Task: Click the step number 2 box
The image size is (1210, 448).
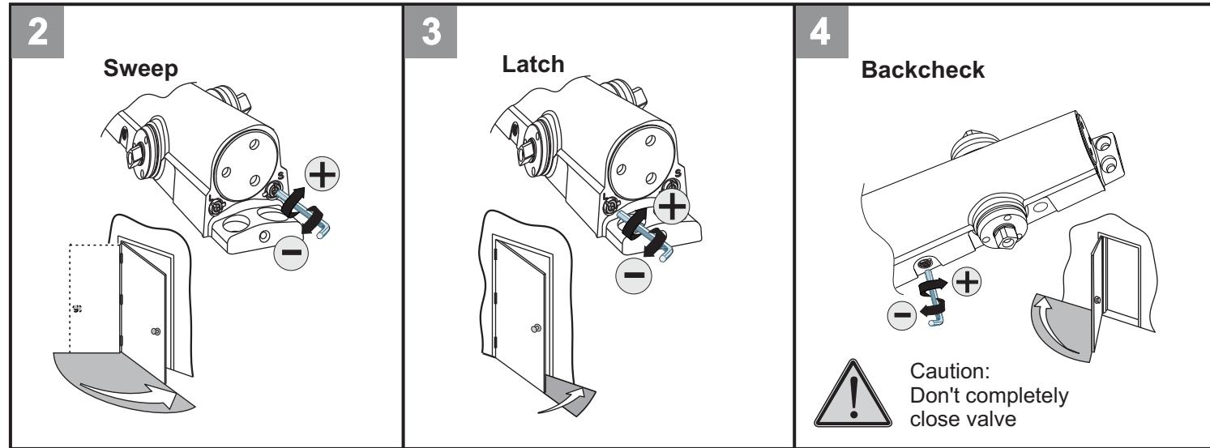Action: click(x=37, y=32)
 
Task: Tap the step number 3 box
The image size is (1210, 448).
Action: click(x=431, y=32)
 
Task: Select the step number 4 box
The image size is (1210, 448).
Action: click(x=822, y=32)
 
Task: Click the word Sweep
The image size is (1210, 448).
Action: click(x=140, y=69)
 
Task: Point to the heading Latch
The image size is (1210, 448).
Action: click(x=533, y=64)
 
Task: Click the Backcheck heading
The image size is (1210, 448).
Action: click(x=922, y=70)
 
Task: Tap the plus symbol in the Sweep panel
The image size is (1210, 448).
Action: click(x=323, y=174)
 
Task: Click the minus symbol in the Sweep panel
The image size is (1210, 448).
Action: click(x=291, y=253)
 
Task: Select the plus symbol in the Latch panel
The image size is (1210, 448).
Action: click(x=671, y=207)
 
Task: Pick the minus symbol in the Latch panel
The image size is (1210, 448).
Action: click(x=634, y=275)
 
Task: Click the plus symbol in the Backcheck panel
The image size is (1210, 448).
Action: click(x=966, y=282)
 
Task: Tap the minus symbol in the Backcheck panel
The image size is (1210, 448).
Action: click(x=902, y=314)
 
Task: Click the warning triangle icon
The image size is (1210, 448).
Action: click(x=853, y=395)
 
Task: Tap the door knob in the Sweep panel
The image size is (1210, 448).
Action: click(x=156, y=331)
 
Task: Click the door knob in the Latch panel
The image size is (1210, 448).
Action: click(x=536, y=328)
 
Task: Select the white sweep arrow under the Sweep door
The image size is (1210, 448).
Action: click(x=130, y=394)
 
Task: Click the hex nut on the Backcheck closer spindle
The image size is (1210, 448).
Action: click(x=1006, y=236)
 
